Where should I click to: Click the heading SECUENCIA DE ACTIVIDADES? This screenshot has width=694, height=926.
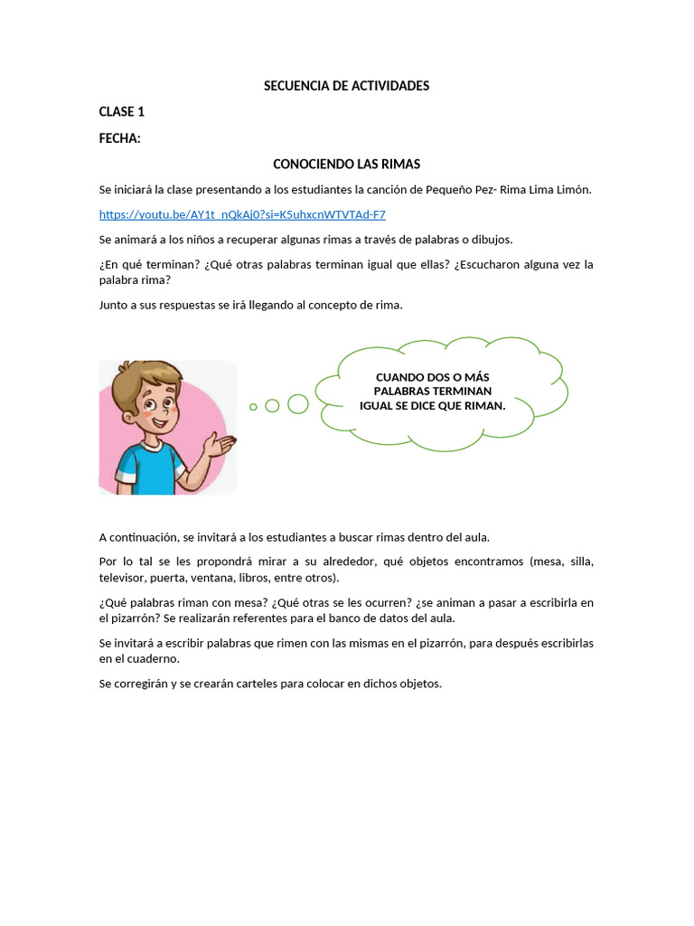[346, 86]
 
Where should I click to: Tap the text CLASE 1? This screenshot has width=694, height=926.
[121, 112]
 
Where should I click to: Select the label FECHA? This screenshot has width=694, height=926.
[119, 138]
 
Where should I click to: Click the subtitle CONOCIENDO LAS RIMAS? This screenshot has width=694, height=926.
[346, 165]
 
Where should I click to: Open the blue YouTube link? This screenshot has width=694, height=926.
[242, 214]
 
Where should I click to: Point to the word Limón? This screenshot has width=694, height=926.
[572, 189]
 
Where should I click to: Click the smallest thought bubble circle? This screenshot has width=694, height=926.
[253, 407]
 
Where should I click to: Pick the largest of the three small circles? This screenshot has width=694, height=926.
[297, 404]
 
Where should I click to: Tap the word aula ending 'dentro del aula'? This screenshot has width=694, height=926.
[475, 536]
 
